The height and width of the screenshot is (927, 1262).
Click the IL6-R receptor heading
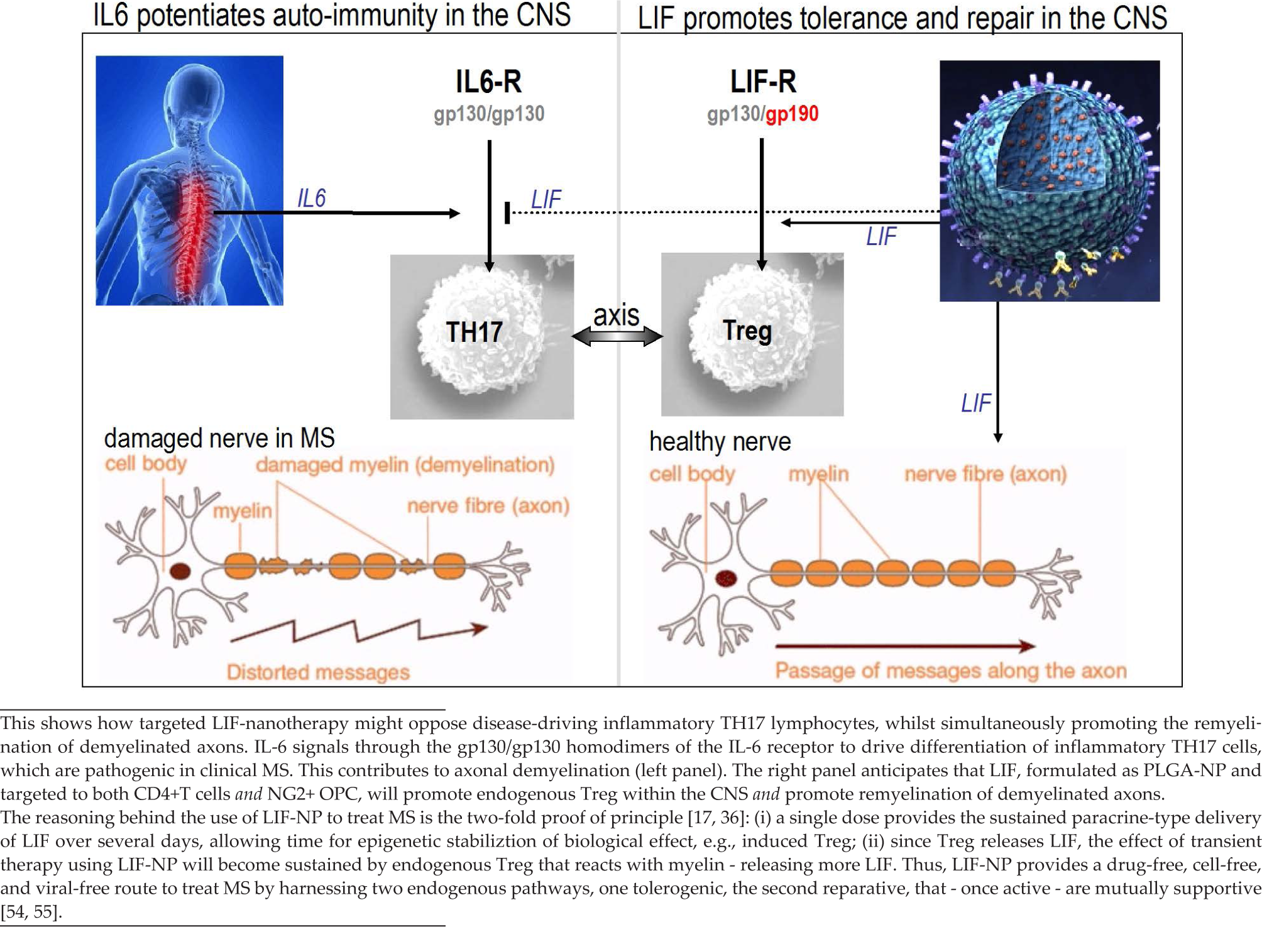(x=488, y=82)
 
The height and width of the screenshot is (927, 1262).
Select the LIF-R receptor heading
(x=763, y=82)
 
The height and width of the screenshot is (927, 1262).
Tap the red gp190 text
(x=792, y=114)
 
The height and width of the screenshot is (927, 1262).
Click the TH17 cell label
(x=474, y=332)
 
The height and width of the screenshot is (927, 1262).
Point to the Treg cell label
(x=747, y=331)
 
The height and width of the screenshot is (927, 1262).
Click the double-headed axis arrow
(x=617, y=337)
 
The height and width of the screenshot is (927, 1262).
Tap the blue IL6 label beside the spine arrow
(x=312, y=198)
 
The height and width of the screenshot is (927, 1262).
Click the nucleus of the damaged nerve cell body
(x=180, y=571)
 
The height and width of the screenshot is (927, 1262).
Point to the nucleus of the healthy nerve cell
(x=727, y=578)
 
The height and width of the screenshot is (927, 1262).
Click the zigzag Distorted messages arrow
(x=358, y=631)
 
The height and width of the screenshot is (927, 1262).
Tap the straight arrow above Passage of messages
(x=905, y=645)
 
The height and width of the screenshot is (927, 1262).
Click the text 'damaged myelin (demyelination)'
(x=405, y=465)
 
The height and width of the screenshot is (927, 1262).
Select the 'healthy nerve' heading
(x=720, y=442)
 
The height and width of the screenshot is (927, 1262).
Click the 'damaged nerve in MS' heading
(x=219, y=438)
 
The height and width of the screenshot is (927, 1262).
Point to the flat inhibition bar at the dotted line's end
(x=507, y=212)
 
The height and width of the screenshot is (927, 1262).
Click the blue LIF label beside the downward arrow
(x=976, y=403)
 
